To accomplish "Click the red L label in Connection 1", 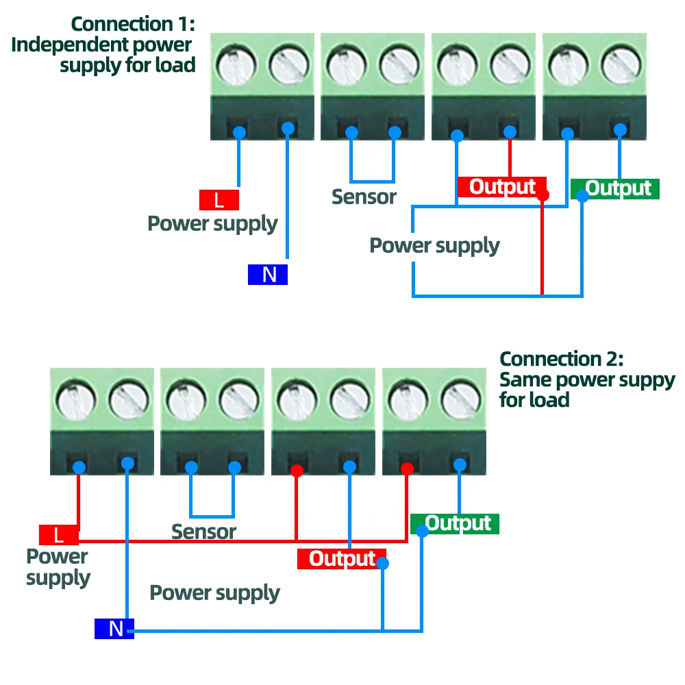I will tap(219, 200).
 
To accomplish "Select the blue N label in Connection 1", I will tap(268, 274).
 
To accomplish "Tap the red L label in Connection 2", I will tap(58, 534).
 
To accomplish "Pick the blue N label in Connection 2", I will tap(114, 628).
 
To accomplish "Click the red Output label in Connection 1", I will tap(502, 186).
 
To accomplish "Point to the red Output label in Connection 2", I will tap(342, 558).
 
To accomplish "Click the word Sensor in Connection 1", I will tap(364, 197).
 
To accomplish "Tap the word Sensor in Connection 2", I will tap(203, 532).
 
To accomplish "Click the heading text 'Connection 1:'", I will tap(133, 24).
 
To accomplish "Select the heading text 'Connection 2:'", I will tap(561, 359).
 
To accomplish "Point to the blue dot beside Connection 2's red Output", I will tap(383, 564).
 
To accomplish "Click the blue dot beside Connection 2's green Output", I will tap(421, 531).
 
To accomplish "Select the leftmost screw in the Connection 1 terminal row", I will tap(236, 66).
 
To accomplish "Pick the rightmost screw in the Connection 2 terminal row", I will tap(459, 401).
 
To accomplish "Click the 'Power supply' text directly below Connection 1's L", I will tap(212, 224).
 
